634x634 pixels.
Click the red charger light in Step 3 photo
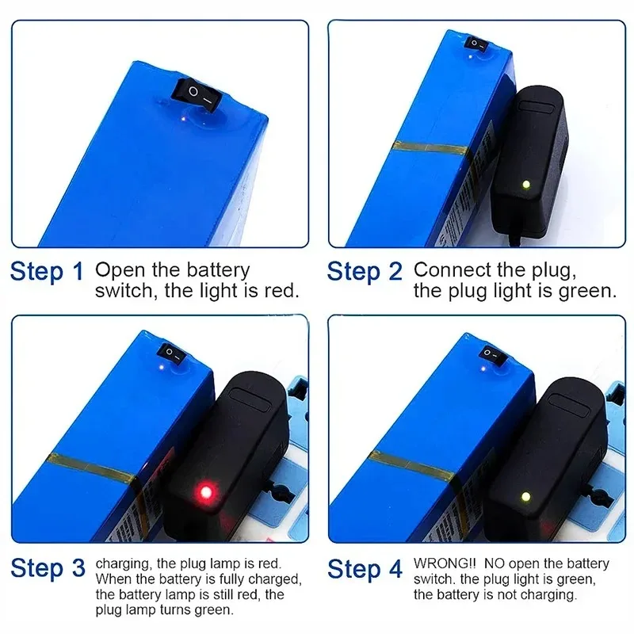tap(205, 493)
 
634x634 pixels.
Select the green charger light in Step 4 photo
tap(524, 498)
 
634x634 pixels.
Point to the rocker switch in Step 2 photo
tap(475, 43)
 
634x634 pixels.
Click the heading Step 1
tap(46, 272)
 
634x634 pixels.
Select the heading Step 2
tap(364, 272)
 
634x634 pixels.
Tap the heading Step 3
tap(46, 568)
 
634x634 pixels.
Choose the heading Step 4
tap(364, 568)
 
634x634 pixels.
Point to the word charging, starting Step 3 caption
tap(121, 563)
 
